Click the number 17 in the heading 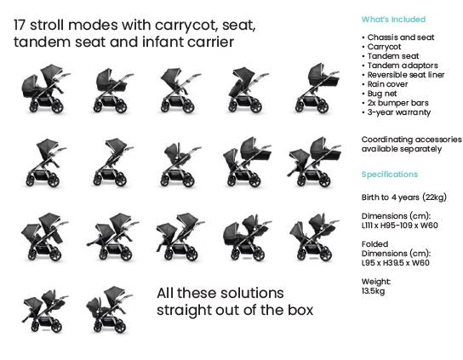click(20, 25)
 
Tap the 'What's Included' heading click(393, 20)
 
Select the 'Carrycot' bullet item click(384, 47)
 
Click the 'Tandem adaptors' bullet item click(403, 66)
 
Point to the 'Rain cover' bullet click(387, 84)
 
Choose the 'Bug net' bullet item click(382, 94)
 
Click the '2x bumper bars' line click(397, 103)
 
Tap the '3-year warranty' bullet click(398, 112)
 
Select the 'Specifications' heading click(390, 174)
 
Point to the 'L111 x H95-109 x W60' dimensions click(399, 226)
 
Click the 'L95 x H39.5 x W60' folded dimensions click(396, 263)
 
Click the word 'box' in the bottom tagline click(300, 310)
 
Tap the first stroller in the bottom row click(44, 311)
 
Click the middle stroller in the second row click(180, 164)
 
